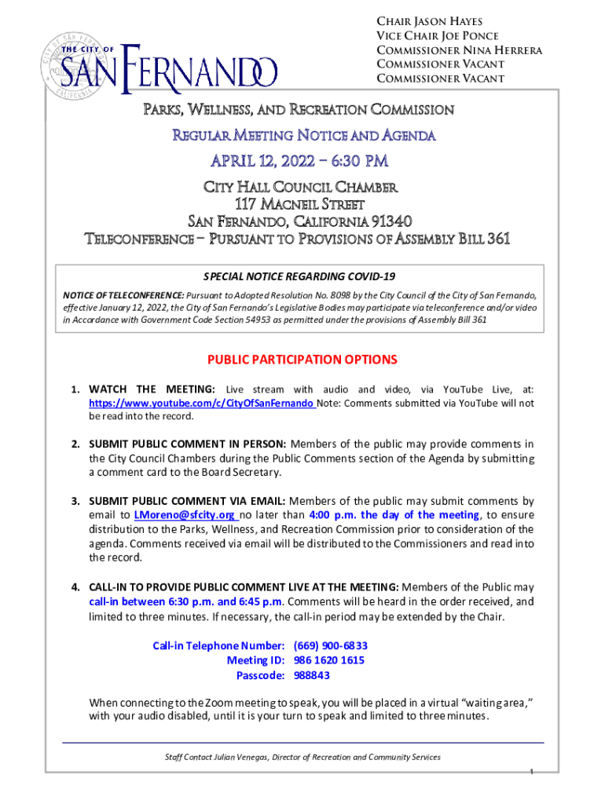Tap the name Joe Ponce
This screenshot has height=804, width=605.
(476, 36)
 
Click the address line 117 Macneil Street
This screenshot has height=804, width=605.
(302, 203)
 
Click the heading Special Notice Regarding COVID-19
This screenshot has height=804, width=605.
(302, 277)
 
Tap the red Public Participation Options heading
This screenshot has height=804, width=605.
(302, 360)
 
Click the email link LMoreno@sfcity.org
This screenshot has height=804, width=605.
(185, 514)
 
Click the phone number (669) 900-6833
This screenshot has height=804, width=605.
(329, 645)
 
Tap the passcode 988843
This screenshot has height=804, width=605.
(311, 675)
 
